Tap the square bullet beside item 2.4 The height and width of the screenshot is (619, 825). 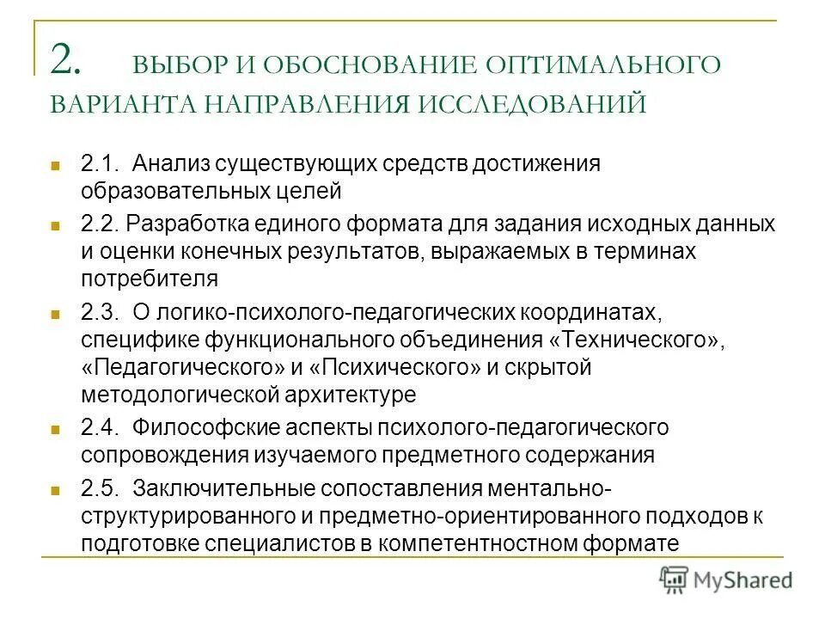tap(56, 428)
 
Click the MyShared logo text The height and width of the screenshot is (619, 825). tap(743, 579)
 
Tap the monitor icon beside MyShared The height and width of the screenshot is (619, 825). tap(675, 580)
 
